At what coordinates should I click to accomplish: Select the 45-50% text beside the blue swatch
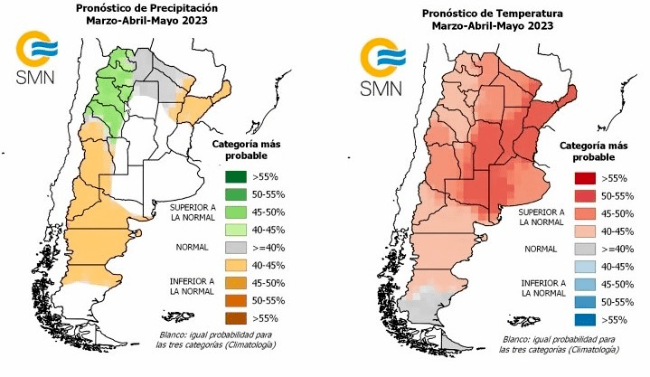coord(618,284)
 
